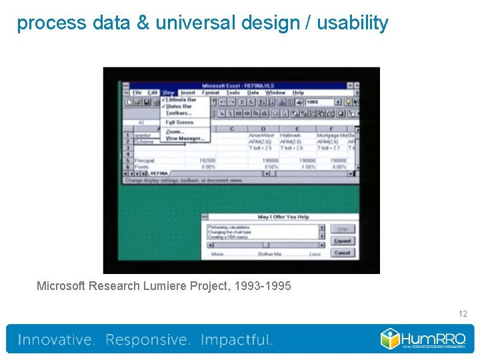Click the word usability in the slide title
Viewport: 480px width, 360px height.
coord(352,23)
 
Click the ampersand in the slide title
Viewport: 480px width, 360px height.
coord(143,23)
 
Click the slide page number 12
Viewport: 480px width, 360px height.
coord(463,313)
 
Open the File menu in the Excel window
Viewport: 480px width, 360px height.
coord(136,93)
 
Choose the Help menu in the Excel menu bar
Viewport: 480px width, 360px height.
coord(298,93)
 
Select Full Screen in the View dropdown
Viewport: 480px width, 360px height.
coord(179,123)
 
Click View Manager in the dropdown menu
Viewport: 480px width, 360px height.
coord(185,139)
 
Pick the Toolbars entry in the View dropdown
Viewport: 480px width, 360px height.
coord(178,113)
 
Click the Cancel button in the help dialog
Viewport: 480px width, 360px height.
coord(343,253)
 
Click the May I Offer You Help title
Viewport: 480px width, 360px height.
coord(283,217)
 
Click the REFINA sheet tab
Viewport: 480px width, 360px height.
coord(160,173)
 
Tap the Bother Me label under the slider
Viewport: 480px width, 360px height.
coord(269,254)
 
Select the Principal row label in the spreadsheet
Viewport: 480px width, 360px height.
coord(144,161)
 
